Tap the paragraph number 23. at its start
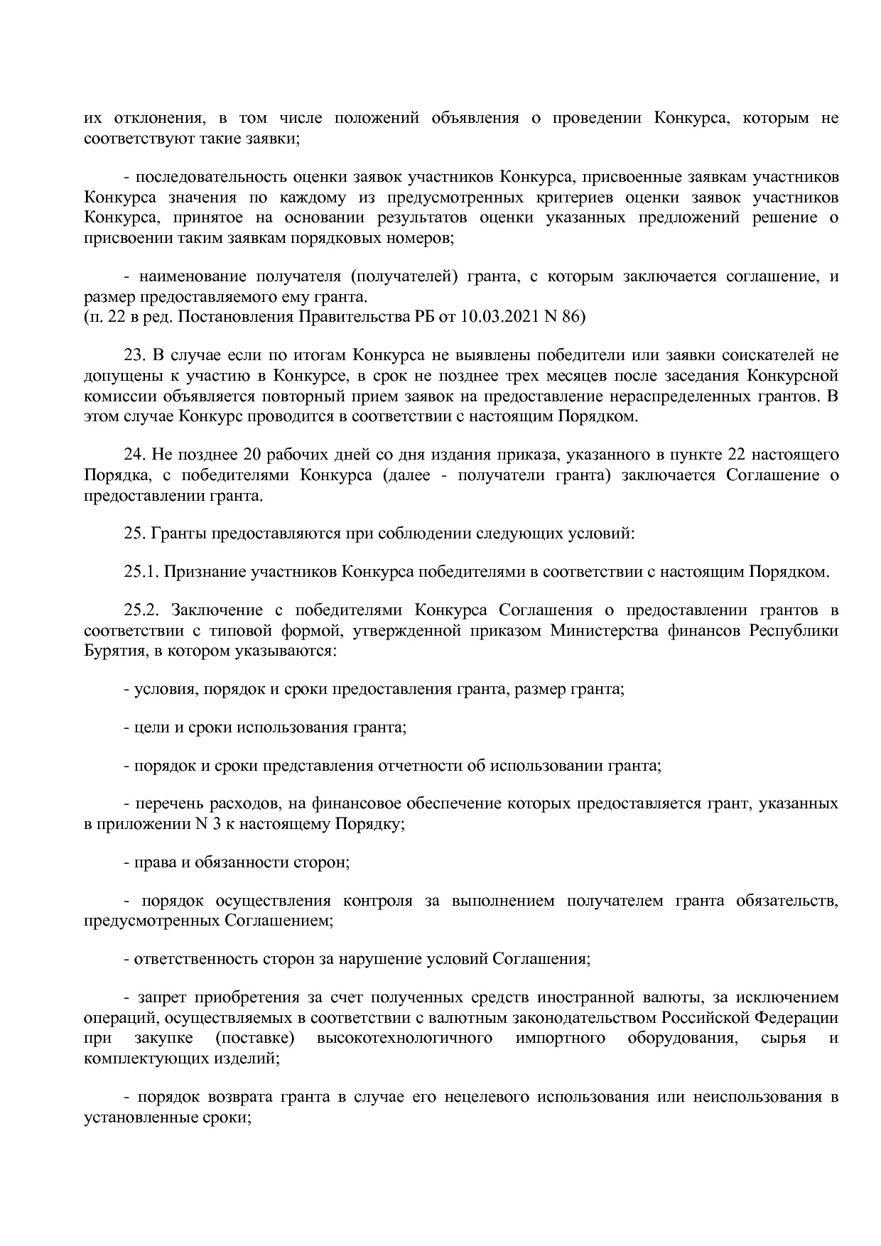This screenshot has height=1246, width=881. pyautogui.click(x=134, y=354)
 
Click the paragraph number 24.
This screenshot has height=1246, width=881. pyautogui.click(x=134, y=454)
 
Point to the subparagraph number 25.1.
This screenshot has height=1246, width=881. pyautogui.click(x=141, y=572)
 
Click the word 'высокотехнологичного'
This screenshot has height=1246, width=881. pyautogui.click(x=404, y=1038)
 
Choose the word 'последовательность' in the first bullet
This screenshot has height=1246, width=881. pyautogui.click(x=210, y=177)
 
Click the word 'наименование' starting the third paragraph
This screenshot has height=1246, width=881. pyautogui.click(x=188, y=276)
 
